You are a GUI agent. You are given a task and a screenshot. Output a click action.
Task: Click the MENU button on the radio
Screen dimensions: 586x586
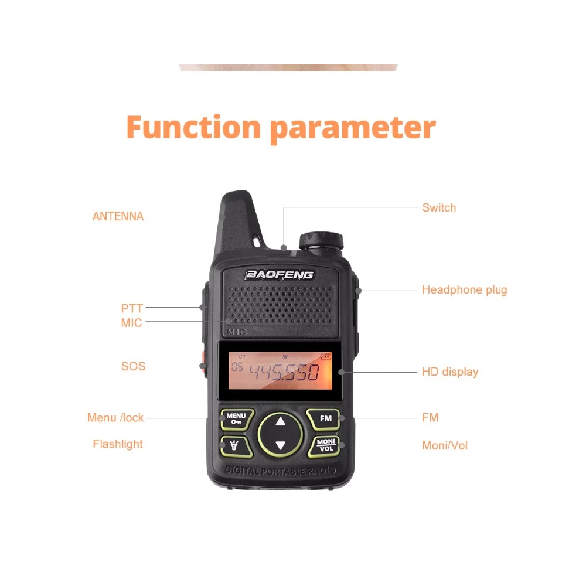pos(237,418)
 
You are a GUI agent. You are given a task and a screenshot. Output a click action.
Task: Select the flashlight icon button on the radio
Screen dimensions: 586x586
pos(235,446)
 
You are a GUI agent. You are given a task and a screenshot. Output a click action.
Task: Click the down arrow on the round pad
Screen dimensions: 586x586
pos(280,445)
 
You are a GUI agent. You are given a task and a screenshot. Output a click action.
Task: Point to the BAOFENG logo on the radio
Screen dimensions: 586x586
pos(279,275)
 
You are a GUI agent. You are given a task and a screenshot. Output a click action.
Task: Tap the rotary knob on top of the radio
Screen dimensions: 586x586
pos(321,240)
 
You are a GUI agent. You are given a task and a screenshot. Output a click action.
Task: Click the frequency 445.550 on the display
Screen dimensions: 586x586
pos(284,372)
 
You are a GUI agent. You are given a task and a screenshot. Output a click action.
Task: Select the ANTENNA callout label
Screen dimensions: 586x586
pos(118,216)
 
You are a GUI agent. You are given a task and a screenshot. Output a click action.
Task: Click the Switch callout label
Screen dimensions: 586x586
pos(439,207)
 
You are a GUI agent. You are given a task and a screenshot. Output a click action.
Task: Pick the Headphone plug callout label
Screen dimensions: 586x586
pos(465,290)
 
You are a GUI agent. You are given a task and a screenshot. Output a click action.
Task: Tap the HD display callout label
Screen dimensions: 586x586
pos(450,372)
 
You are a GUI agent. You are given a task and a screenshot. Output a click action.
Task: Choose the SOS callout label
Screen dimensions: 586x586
pos(134,366)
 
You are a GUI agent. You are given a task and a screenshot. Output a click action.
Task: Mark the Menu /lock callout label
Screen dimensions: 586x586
pos(115,417)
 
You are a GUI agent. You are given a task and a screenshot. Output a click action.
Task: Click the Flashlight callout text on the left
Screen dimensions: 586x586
pos(118,444)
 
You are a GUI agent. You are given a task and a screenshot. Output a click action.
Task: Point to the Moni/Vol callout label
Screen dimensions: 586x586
pos(445,445)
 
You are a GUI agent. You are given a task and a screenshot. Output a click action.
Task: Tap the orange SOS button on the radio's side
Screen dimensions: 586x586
pos(204,364)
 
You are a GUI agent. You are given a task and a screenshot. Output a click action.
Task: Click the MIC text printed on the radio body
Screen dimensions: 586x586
pos(237,332)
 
